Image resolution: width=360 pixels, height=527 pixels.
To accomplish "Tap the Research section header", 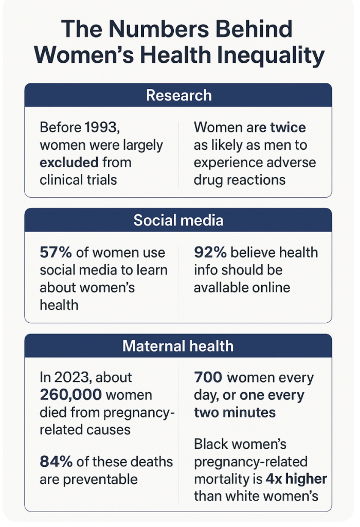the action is (x=178, y=95).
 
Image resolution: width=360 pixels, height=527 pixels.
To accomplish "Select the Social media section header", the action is (x=178, y=220).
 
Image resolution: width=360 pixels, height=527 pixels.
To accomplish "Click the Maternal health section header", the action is (x=178, y=346).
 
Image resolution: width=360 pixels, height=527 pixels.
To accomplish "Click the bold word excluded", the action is (x=69, y=162).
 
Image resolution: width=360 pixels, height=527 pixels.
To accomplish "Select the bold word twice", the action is (x=288, y=128).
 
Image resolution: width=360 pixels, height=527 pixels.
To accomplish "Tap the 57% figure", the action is (x=56, y=252).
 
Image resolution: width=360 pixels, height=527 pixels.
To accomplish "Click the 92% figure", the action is (x=210, y=252).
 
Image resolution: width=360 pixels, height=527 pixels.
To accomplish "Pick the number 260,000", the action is (x=70, y=395).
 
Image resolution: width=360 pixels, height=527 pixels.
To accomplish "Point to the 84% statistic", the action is (x=56, y=462).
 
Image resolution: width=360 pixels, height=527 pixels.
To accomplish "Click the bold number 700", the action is (x=208, y=377).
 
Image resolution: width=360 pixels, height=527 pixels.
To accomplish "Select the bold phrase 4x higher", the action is (x=296, y=479).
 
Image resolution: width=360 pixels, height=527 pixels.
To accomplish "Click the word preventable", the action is (x=100, y=480).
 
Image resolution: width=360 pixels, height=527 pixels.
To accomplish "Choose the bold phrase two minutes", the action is (x=235, y=412).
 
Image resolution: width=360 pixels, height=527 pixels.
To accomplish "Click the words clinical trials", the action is (x=78, y=180).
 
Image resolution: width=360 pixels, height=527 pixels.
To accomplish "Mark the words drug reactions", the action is (x=240, y=180).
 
